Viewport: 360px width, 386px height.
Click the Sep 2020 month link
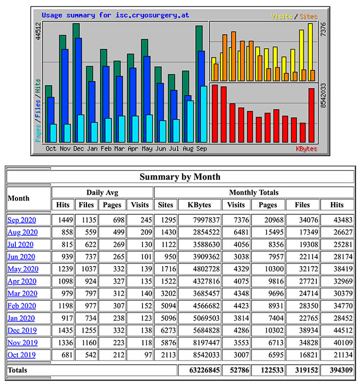click(x=22, y=220)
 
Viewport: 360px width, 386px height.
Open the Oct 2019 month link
click(x=22, y=355)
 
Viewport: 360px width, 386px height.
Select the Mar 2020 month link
click(x=22, y=293)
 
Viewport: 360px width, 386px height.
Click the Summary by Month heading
click(x=180, y=176)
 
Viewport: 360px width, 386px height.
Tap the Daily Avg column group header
click(x=102, y=192)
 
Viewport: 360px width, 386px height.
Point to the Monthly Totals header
click(x=254, y=192)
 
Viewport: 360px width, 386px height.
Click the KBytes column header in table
click(x=199, y=205)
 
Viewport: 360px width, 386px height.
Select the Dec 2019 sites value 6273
click(x=165, y=330)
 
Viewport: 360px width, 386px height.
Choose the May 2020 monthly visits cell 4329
click(x=236, y=269)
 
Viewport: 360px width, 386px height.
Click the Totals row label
click(x=18, y=369)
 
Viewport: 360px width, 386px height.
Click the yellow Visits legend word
click(x=282, y=17)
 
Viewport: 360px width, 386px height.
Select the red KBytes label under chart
click(x=306, y=149)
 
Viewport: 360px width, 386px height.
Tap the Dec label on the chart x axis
click(x=78, y=148)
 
